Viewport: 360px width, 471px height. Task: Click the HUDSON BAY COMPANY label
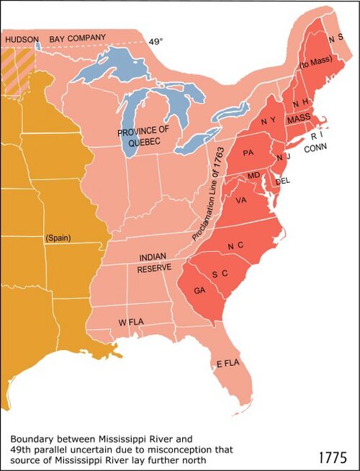pyautogui.click(x=55, y=37)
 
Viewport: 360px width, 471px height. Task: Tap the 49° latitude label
pyautogui.click(x=157, y=42)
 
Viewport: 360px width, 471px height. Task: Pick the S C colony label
pyautogui.click(x=220, y=274)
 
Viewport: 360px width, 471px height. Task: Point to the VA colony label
pyautogui.click(x=240, y=201)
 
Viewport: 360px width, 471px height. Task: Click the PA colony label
pyautogui.click(x=249, y=153)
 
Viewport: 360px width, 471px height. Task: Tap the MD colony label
pyautogui.click(x=253, y=176)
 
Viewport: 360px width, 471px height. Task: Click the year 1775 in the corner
pyautogui.click(x=332, y=457)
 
